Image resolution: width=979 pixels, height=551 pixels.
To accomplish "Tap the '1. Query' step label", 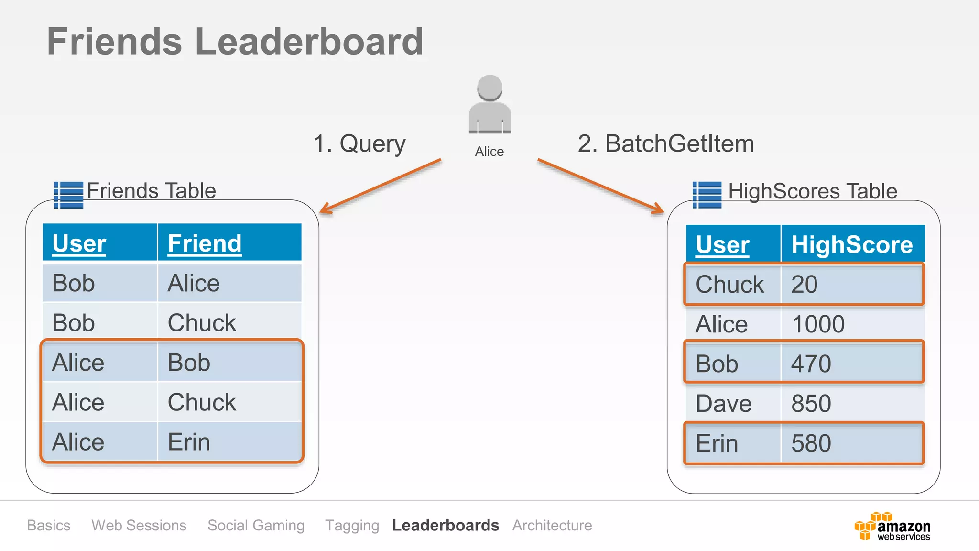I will pos(359,143).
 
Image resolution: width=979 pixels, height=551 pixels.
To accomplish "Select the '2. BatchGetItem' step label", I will pos(665,143).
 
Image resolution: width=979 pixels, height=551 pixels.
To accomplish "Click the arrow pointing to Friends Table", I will pos(380,186).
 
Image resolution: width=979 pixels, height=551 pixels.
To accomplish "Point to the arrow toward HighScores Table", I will pos(600,186).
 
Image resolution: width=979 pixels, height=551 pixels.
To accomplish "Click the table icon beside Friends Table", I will pos(68,195).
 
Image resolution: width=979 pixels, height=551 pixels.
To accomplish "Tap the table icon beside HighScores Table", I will pos(707,195).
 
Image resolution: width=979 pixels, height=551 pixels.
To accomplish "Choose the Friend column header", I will pos(205,243).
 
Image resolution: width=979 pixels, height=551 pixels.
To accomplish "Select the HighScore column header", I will pos(852,244).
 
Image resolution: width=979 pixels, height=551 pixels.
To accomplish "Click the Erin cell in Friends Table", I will pos(189,442).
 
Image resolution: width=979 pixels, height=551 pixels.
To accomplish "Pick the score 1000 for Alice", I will pos(818,324).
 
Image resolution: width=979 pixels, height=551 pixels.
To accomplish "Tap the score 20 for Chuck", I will pos(804,285).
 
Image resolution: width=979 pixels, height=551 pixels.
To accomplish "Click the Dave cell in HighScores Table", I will pos(723,404).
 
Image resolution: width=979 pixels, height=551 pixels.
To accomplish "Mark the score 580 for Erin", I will pos(811,443).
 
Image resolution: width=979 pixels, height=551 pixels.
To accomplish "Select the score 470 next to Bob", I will pos(811,364).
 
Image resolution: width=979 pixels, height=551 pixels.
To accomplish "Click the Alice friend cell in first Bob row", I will pos(194,283).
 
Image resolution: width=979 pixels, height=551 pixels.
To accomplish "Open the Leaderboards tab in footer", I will pos(445,525).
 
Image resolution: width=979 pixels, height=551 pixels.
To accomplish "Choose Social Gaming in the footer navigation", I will pos(256,525).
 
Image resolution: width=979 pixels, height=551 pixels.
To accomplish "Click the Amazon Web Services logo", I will pos(892,526).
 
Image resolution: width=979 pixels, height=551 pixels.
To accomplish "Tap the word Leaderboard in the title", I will pos(309,42).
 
